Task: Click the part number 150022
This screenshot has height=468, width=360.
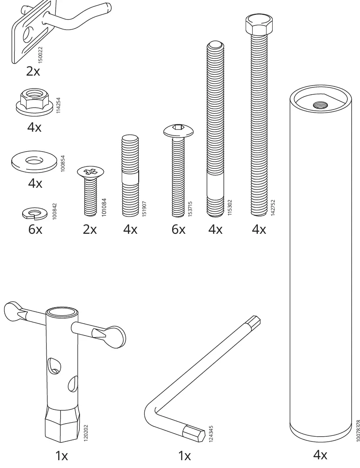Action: point(40,55)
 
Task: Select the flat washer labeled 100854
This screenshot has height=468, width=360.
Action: point(34,162)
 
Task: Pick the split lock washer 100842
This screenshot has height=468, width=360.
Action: point(33,213)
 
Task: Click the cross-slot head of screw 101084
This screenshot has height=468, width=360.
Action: point(90,172)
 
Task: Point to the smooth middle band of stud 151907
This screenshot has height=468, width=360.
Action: point(130,179)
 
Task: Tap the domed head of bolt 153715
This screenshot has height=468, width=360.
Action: point(178,131)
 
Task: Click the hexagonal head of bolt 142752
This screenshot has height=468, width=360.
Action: point(259,24)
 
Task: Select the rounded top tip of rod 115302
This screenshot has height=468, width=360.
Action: point(215,45)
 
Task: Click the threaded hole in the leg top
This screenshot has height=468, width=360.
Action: point(320,105)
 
